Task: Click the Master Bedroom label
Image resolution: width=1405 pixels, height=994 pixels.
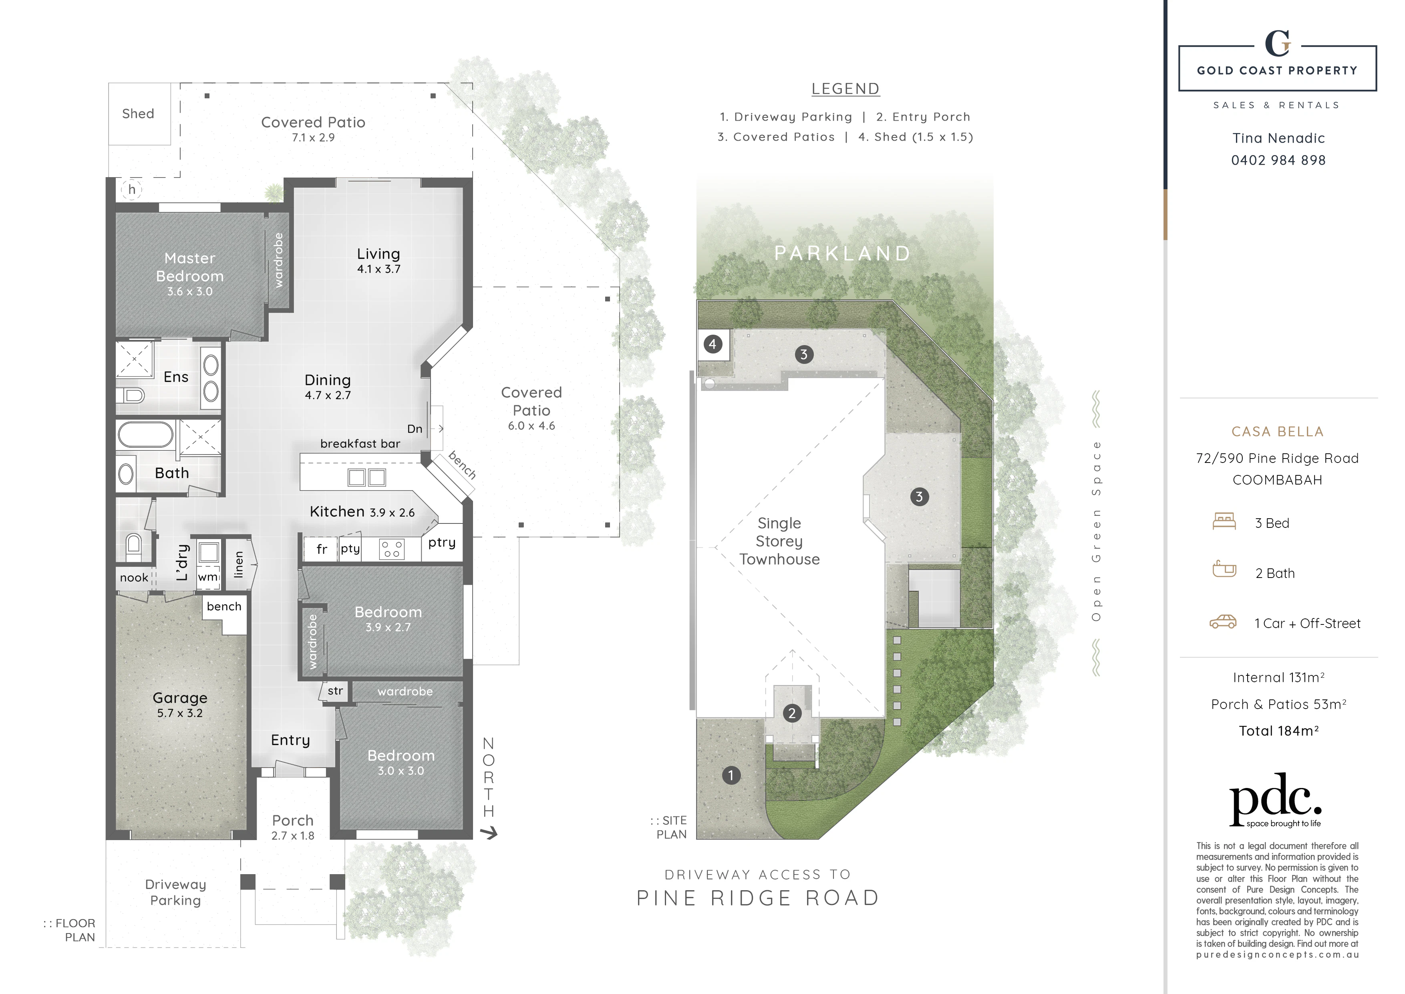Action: click(190, 267)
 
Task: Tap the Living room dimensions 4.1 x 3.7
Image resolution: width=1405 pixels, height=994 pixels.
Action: click(379, 269)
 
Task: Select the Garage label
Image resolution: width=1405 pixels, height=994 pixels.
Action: click(180, 698)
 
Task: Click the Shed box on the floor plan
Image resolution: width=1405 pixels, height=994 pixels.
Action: click(139, 114)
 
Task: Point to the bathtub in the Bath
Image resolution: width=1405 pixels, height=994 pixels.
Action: click(146, 435)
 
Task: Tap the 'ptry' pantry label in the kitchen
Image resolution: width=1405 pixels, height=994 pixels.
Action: click(442, 543)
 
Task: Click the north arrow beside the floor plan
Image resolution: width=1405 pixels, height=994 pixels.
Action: click(489, 833)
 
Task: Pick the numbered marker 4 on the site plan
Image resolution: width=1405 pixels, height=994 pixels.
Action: click(712, 344)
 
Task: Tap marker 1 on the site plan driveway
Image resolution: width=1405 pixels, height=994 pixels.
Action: click(731, 775)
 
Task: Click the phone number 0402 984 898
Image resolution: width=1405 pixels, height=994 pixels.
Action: click(1278, 160)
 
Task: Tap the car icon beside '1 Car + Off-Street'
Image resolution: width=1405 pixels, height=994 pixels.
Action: click(1223, 622)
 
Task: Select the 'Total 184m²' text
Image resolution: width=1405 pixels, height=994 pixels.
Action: click(1278, 731)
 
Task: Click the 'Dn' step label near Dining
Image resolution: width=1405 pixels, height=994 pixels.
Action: click(415, 429)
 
